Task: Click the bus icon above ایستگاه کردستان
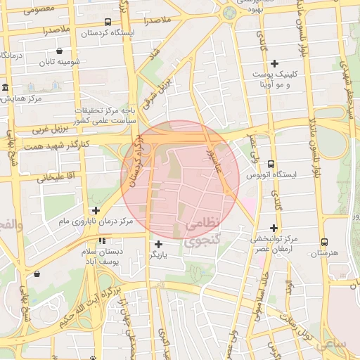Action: [107, 22]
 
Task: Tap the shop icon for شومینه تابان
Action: [59, 51]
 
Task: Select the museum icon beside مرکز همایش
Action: [6, 88]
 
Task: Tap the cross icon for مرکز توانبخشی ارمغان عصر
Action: [274, 228]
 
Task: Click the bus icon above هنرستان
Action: [323, 241]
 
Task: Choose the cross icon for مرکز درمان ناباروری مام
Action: [96, 210]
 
